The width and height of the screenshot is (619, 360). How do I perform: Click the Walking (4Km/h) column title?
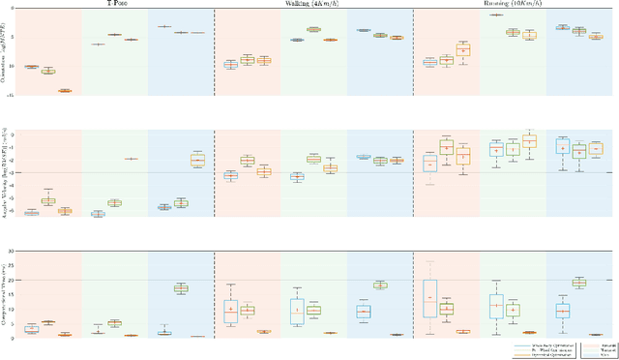pyautogui.click(x=311, y=4)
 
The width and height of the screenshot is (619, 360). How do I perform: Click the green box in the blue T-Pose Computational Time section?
pyautogui.click(x=181, y=288)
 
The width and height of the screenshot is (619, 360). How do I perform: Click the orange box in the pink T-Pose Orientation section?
pyautogui.click(x=65, y=90)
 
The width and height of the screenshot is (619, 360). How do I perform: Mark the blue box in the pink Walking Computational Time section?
pyautogui.click(x=230, y=312)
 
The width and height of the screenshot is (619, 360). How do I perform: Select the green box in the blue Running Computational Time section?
pyautogui.click(x=579, y=283)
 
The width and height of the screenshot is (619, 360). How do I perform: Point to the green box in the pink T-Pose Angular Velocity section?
pyautogui.click(x=48, y=201)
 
